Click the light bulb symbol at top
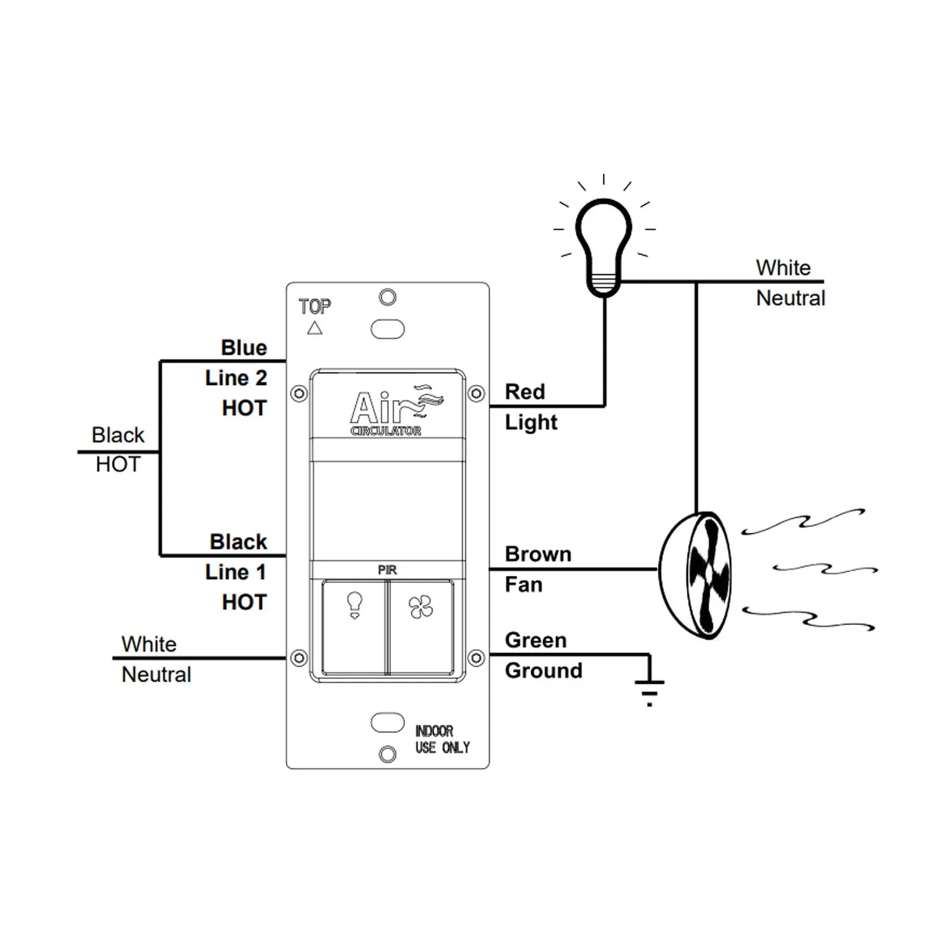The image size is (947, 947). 604,246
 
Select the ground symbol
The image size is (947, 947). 649,691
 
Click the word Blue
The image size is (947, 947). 244,348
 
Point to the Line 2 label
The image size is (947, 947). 235,378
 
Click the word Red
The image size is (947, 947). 525,392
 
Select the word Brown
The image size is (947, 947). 538,554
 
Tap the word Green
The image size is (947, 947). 535,640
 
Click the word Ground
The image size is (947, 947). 543,670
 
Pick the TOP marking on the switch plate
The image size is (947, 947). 314,307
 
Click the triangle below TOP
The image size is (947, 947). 314,328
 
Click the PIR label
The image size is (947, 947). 387,570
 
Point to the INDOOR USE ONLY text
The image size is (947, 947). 442,739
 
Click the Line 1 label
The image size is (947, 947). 235,573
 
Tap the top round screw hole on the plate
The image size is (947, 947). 388,297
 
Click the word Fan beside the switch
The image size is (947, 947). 523,585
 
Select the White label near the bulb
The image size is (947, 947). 783,268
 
